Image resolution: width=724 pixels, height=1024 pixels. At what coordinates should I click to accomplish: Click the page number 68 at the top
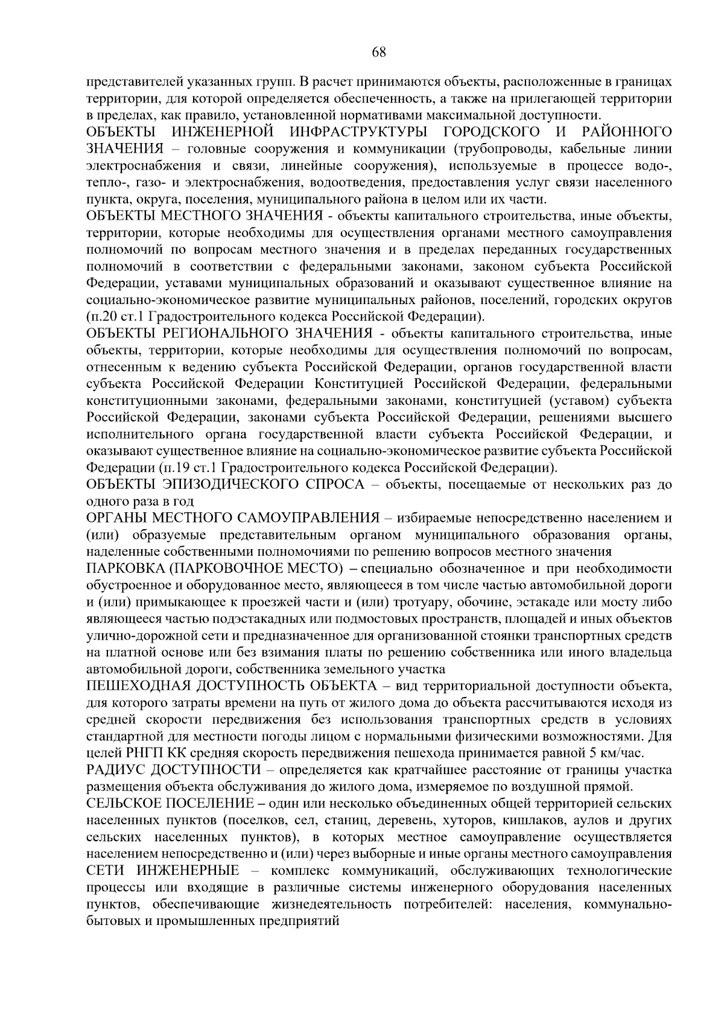click(379, 52)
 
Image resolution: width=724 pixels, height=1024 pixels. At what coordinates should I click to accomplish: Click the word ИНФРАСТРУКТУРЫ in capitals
click(354, 132)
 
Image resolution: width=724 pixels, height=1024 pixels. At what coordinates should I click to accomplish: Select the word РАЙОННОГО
click(627, 132)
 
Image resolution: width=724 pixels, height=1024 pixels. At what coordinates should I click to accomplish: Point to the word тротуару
click(436, 602)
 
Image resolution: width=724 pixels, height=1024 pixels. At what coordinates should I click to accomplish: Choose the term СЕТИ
click(104, 871)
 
